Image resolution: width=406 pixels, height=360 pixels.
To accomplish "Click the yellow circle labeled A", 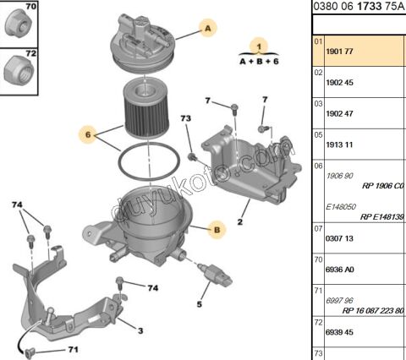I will [206, 28].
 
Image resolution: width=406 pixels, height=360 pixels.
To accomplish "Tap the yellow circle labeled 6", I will [86, 133].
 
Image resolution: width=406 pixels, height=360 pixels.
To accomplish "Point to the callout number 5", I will [200, 304].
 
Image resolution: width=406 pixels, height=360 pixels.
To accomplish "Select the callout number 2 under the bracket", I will [240, 222].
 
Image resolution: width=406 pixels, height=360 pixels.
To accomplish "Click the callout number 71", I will [74, 349].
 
